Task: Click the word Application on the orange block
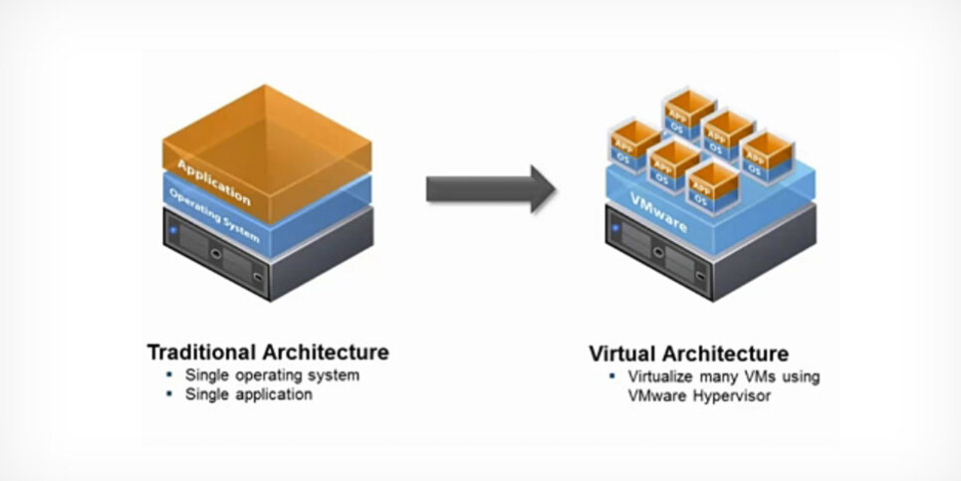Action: click(x=213, y=180)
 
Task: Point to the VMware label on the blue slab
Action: click(x=660, y=212)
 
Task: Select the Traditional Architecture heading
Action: click(x=267, y=353)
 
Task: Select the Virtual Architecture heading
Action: click(x=688, y=354)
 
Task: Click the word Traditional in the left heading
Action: click(x=202, y=353)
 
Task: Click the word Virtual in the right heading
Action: click(x=620, y=354)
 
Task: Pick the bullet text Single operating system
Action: click(x=272, y=375)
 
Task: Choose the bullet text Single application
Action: click(x=248, y=394)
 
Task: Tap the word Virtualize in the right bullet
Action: click(x=662, y=377)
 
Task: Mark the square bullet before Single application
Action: click(x=167, y=394)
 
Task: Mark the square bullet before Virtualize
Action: click(x=611, y=377)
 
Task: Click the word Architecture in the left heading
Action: click(x=326, y=353)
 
